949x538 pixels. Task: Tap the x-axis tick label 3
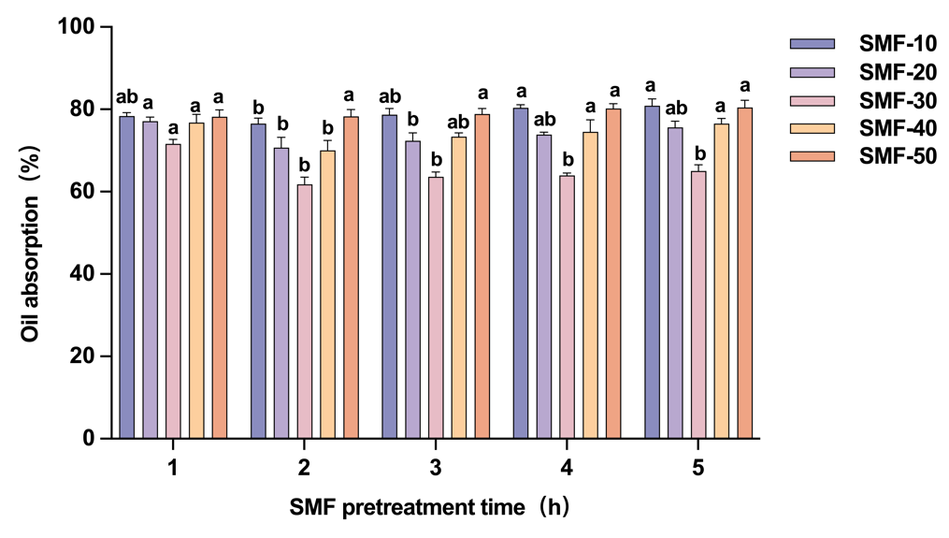(x=436, y=468)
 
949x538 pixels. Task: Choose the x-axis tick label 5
(x=698, y=468)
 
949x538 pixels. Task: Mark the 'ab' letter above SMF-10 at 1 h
(x=126, y=96)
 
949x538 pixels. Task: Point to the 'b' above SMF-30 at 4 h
(x=568, y=159)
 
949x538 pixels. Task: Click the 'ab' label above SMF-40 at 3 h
(x=459, y=122)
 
